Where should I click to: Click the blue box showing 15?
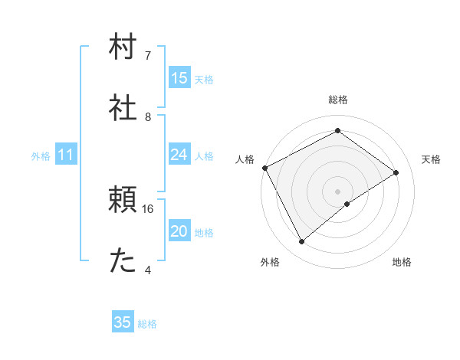coord(179,77)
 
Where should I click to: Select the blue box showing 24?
coord(179,155)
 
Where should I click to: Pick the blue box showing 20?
coord(179,231)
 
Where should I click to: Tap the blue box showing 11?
coord(66,155)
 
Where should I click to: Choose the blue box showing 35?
coord(123,322)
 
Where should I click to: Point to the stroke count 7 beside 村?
coord(148,55)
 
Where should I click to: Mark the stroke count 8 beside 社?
coord(148,117)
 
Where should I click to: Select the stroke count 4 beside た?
coord(148,270)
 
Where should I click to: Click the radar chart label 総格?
coord(338,100)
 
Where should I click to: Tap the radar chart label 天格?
coord(431,159)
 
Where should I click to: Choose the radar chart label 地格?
coord(402,263)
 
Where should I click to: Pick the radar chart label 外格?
coord(270,263)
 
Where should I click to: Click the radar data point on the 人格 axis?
coord(264,168)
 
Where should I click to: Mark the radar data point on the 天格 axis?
coord(396,172)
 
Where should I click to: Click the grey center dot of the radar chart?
coord(338,191)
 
